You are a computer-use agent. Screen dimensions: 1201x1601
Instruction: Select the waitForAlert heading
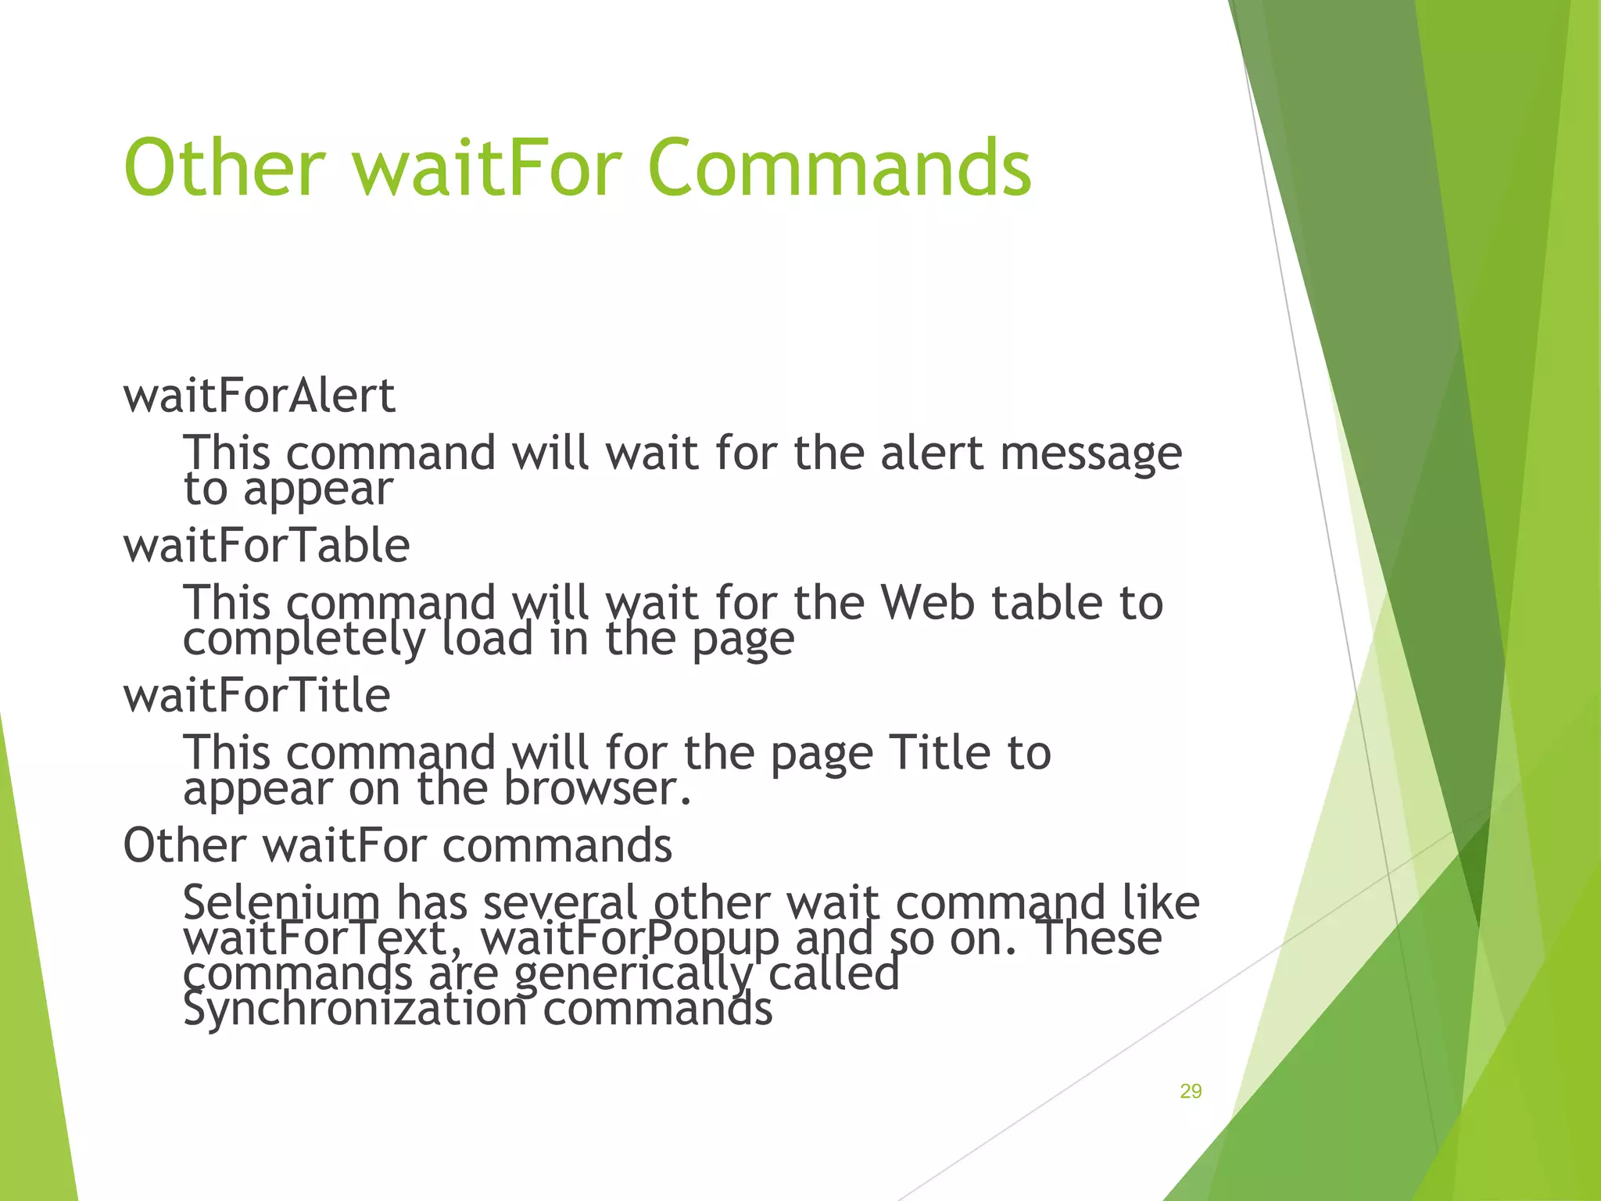point(259,396)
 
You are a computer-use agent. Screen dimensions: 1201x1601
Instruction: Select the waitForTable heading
point(266,545)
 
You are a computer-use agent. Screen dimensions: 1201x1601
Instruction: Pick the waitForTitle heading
point(256,695)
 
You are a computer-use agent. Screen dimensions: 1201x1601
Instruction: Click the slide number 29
point(1190,1092)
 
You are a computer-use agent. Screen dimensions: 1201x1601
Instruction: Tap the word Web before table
point(927,603)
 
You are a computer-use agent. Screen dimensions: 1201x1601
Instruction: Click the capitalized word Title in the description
point(940,752)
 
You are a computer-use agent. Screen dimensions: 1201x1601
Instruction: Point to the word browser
point(597,788)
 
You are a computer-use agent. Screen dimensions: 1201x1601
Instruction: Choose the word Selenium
point(281,902)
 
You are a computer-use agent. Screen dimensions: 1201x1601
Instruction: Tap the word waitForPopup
point(629,938)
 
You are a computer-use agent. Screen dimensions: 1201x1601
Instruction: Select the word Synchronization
point(355,1009)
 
